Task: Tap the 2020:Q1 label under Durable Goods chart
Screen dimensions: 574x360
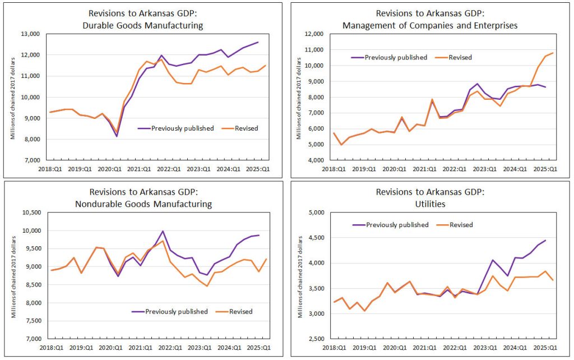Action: point(110,169)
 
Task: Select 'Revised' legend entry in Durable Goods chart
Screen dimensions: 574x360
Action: point(247,128)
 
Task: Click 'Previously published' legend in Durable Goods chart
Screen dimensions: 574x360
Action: point(182,128)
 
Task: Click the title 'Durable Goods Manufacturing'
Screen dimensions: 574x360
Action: point(143,26)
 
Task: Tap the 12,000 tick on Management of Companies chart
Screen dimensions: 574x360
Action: point(314,34)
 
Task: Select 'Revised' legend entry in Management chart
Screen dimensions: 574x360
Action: point(460,58)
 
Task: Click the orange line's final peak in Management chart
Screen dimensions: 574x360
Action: point(552,53)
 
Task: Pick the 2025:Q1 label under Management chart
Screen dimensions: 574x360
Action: point(545,169)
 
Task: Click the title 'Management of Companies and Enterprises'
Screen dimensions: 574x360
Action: point(430,26)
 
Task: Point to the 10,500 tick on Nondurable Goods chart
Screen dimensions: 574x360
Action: point(31,213)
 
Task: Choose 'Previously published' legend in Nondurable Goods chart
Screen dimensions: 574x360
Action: point(176,312)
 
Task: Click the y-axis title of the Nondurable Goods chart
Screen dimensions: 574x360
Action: point(13,277)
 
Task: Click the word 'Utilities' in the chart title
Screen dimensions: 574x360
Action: point(430,204)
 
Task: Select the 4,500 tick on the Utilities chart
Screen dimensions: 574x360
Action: point(315,238)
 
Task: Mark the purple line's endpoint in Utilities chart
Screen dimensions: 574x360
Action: point(545,240)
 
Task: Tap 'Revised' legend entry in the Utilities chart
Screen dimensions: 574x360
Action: point(461,225)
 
